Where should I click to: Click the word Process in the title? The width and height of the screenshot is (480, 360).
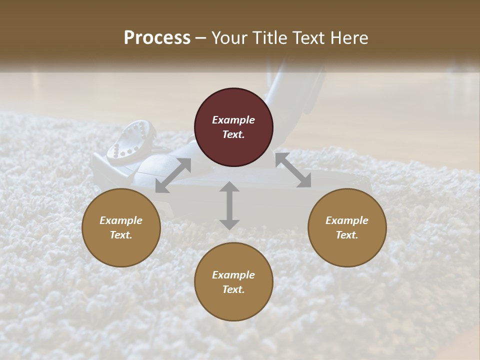pos(157,38)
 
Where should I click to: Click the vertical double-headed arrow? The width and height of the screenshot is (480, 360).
pos(229,205)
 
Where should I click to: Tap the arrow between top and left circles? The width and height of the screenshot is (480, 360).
pos(173,175)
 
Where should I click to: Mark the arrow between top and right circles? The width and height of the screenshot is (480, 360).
pos(293,170)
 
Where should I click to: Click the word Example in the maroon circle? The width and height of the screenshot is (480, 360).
pos(233,120)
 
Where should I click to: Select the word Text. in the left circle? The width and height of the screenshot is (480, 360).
pos(121,235)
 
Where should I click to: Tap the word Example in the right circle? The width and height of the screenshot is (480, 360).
pos(347,220)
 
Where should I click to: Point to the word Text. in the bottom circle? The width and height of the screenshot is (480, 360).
pos(233,289)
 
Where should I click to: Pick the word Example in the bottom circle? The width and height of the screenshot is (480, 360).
pos(233,275)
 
